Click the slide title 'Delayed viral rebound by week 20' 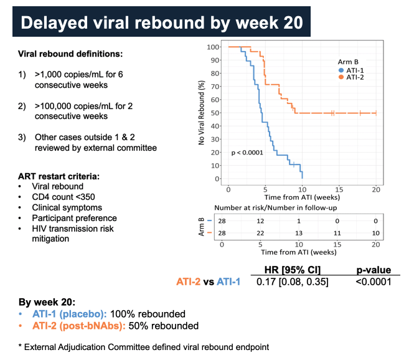pos(162,22)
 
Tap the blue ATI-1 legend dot pos(341,70)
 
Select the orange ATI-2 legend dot pos(341,77)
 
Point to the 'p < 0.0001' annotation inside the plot pos(247,153)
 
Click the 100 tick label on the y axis pos(213,47)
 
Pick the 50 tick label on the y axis pos(215,113)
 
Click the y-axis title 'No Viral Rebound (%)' pos(202,113)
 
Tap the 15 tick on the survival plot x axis pos(339,189)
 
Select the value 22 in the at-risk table pos(260,233)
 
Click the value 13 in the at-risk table pos(299,233)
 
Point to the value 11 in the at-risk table pos(337,233)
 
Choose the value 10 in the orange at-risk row pos(375,233)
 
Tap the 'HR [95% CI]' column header pos(292,270)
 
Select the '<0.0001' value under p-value pos(374,282)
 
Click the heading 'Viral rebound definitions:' pos(70,54)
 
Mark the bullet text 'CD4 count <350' pos(64,197)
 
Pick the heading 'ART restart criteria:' pos(59,176)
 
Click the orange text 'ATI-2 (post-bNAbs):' pos(79,326)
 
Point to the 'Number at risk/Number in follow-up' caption pos(276,208)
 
